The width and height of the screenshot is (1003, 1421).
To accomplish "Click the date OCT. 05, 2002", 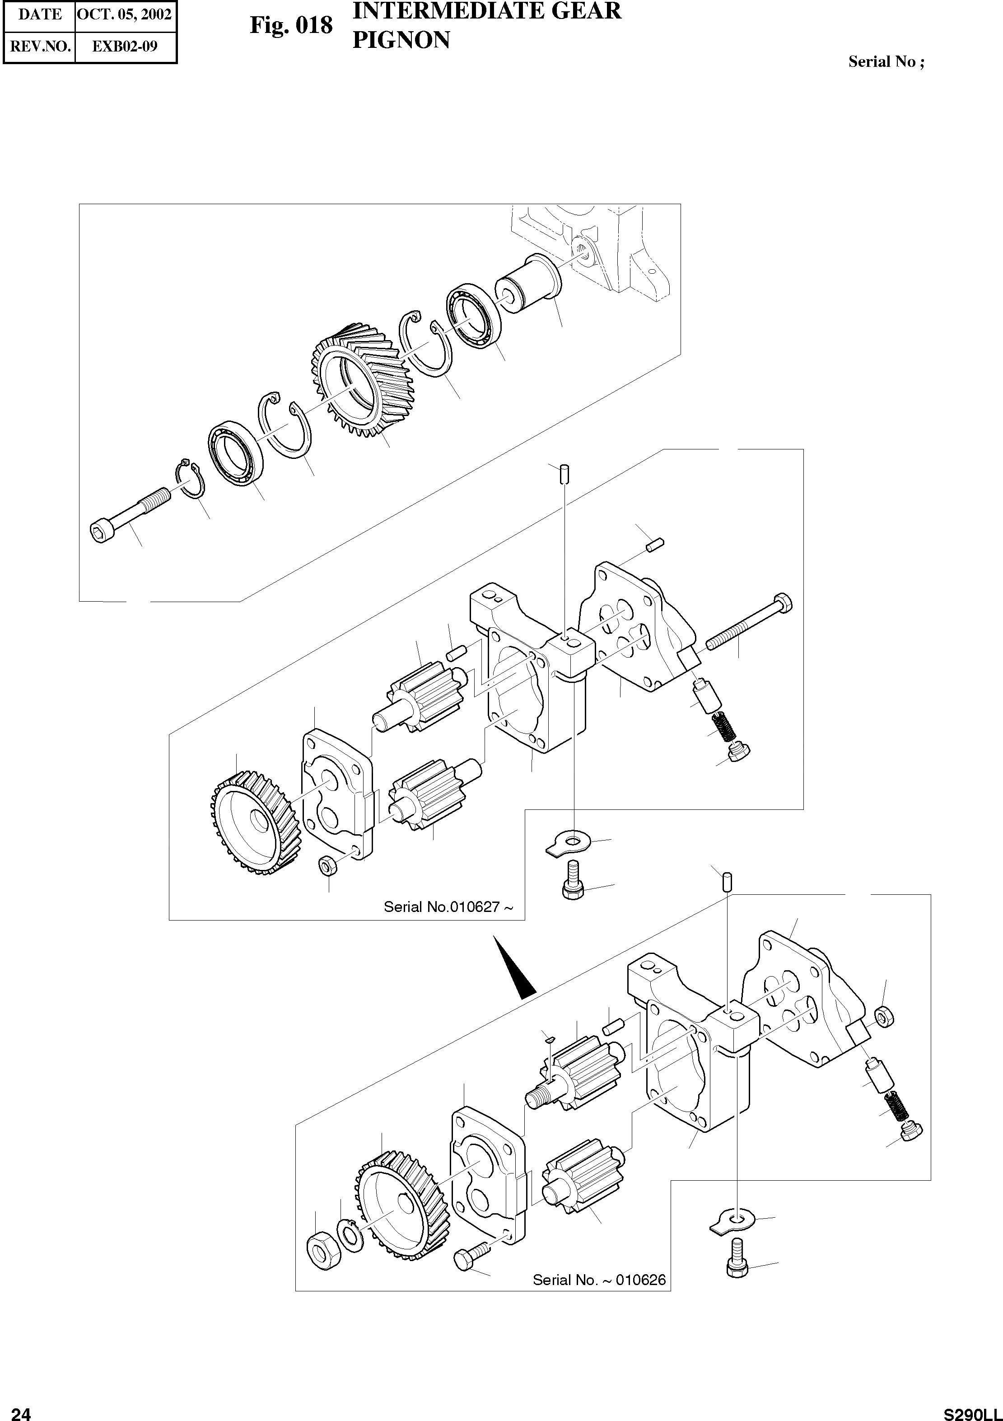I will [x=124, y=15].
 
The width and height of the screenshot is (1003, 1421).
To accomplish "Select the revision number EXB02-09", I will [x=124, y=47].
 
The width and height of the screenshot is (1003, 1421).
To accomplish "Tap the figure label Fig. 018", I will [x=291, y=25].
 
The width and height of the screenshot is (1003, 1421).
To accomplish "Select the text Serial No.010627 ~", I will [x=448, y=907].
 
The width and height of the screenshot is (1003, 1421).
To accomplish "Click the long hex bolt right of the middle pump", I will [x=749, y=622].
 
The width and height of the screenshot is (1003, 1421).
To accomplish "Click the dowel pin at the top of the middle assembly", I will [x=564, y=475].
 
